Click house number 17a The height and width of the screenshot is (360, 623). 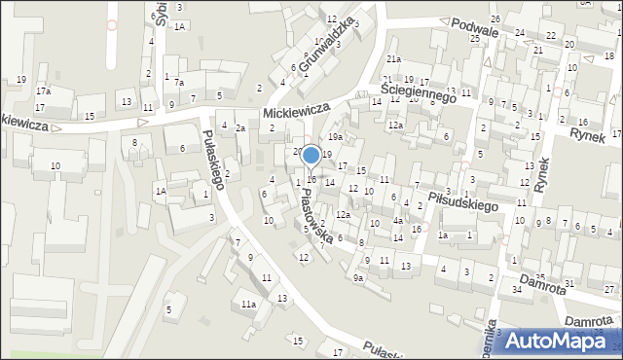point(43,91)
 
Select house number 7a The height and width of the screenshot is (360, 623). point(179,84)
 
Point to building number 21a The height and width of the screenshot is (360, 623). point(393,59)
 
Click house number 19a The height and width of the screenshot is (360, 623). point(334,137)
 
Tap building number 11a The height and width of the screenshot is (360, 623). point(248,305)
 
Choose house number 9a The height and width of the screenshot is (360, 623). point(358,278)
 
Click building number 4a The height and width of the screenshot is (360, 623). point(397,221)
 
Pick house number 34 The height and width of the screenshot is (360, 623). point(517,290)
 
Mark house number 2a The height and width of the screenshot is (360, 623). point(239,128)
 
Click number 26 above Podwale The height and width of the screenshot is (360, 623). point(495,19)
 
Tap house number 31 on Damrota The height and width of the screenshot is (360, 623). point(568,282)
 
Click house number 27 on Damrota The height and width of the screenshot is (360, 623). point(608,290)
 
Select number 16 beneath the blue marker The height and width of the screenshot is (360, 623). point(311,179)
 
